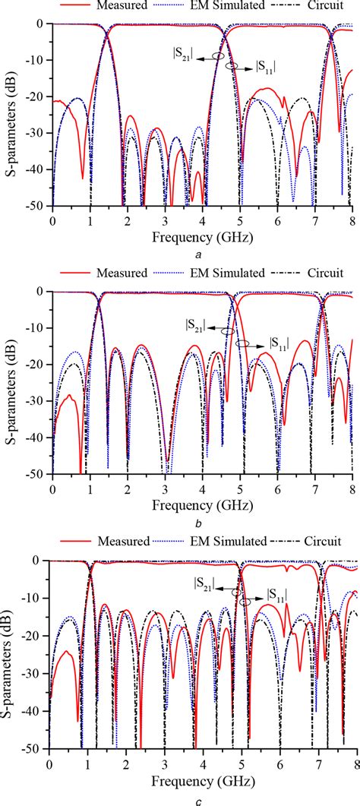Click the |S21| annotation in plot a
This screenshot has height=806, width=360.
click(183, 54)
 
